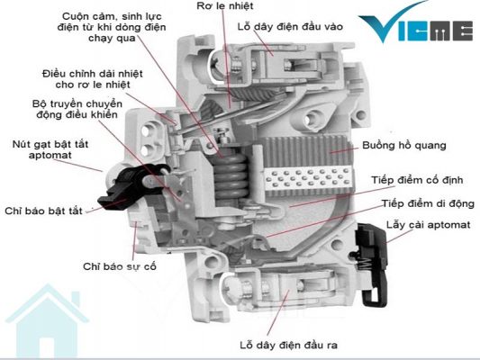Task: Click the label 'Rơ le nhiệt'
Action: [x=225, y=5]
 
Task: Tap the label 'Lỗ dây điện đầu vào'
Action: [x=290, y=27]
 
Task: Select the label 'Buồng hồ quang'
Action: [x=404, y=145]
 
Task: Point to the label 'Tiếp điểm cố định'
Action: [x=417, y=180]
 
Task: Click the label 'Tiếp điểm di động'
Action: [x=428, y=203]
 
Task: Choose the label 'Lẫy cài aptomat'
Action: [x=429, y=225]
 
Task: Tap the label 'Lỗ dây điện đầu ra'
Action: [x=289, y=346]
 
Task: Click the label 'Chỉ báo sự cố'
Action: [x=120, y=266]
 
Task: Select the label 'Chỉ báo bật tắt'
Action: [x=44, y=211]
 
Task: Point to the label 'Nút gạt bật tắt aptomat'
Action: [x=50, y=149]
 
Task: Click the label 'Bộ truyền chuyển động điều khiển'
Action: [x=77, y=109]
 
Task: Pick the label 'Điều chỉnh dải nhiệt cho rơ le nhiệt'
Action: [x=93, y=79]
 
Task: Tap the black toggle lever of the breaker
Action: [x=129, y=186]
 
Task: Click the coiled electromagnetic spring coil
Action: [x=231, y=175]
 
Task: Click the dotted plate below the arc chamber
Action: [x=308, y=178]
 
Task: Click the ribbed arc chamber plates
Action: [x=305, y=151]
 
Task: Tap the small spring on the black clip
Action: [x=365, y=263]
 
